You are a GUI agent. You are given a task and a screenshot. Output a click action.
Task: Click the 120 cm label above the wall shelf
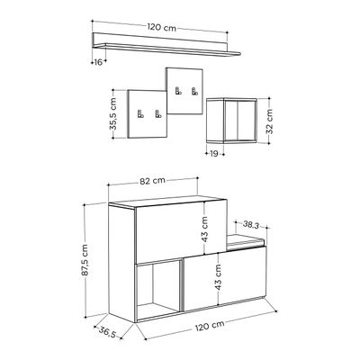(161, 28)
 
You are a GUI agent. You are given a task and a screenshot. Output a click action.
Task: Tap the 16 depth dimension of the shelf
(98, 62)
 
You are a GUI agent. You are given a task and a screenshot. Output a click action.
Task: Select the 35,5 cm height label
(112, 113)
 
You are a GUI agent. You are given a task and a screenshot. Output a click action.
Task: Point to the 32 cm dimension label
(269, 121)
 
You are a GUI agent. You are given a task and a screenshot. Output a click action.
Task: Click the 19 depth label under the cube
(214, 154)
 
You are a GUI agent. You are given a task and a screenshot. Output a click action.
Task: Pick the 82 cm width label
(153, 181)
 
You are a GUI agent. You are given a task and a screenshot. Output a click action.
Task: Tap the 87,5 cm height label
(85, 260)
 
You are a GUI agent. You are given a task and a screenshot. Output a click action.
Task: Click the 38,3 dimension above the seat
(251, 224)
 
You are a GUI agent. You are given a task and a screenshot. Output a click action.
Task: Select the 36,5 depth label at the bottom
(107, 332)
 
